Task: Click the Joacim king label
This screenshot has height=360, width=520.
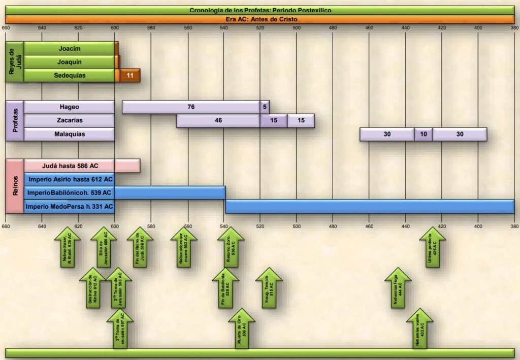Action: (x=70, y=49)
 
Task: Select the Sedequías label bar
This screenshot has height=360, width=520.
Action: (x=70, y=75)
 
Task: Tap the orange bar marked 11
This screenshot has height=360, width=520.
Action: (x=130, y=75)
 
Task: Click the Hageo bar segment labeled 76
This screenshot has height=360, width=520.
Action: (x=191, y=107)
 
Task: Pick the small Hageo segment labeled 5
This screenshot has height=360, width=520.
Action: (x=265, y=107)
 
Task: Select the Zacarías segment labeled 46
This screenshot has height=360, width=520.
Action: (x=218, y=121)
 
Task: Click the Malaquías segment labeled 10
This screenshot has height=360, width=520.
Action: (x=424, y=135)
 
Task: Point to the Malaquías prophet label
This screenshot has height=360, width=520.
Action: (x=70, y=135)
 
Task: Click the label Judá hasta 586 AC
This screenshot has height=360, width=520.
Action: (x=70, y=166)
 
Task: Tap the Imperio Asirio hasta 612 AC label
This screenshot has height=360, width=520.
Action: (x=70, y=179)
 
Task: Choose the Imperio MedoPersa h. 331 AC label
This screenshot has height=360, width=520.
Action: (x=70, y=207)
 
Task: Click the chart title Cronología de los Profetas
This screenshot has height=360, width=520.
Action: (x=260, y=10)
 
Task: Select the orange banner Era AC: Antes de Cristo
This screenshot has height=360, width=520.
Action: (x=260, y=19)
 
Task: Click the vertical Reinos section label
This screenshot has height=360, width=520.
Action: (x=15, y=186)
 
